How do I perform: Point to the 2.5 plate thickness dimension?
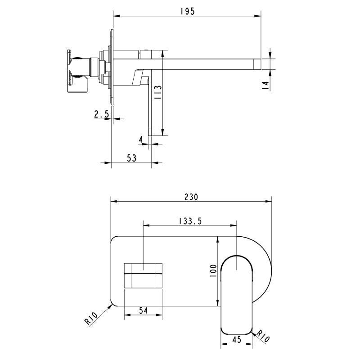tap(101, 115)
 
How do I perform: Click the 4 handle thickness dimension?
tap(141, 140)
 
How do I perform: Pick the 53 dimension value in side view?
tap(131, 158)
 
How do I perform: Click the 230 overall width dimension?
tap(191, 197)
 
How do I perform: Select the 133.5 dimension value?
tap(189, 220)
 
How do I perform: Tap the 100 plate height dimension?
tap(213, 271)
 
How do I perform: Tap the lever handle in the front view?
tap(237, 295)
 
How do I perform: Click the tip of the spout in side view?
tap(257, 63)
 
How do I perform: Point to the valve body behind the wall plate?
tap(81, 72)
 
